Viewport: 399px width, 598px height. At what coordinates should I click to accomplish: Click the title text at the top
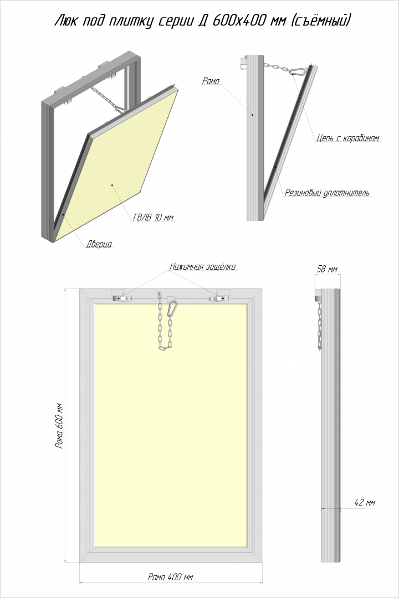click(x=202, y=21)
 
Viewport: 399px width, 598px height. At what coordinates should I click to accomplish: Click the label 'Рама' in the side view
click(x=211, y=81)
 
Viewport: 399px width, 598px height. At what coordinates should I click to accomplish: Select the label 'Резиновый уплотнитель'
click(x=327, y=193)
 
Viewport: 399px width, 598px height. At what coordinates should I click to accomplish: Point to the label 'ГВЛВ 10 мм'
click(x=154, y=218)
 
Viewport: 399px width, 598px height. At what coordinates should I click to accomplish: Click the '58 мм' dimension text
click(x=326, y=270)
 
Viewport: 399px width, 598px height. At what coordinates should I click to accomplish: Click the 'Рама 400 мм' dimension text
click(x=171, y=576)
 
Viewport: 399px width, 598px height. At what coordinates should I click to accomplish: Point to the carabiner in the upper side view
click(x=298, y=71)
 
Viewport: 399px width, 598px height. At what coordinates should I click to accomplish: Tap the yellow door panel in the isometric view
click(x=116, y=177)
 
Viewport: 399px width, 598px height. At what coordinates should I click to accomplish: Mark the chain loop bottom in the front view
click(x=165, y=347)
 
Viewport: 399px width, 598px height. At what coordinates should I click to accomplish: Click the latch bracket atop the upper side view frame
click(x=242, y=63)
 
